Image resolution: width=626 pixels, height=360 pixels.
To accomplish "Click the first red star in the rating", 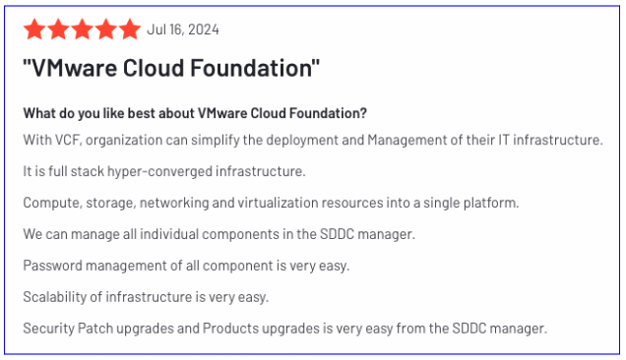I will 34,30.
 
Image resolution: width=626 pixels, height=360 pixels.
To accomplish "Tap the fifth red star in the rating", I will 129,30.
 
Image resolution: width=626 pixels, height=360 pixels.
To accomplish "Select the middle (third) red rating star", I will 82,30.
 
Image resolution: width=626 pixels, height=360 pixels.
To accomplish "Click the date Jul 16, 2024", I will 183,30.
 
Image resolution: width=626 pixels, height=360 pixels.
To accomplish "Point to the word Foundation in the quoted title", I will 254,70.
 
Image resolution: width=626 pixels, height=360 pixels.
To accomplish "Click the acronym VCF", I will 65,140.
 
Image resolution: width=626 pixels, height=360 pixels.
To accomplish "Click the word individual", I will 162,234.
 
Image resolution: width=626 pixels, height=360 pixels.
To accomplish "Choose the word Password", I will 54,266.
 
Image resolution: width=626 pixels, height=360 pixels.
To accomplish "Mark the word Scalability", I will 56,296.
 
